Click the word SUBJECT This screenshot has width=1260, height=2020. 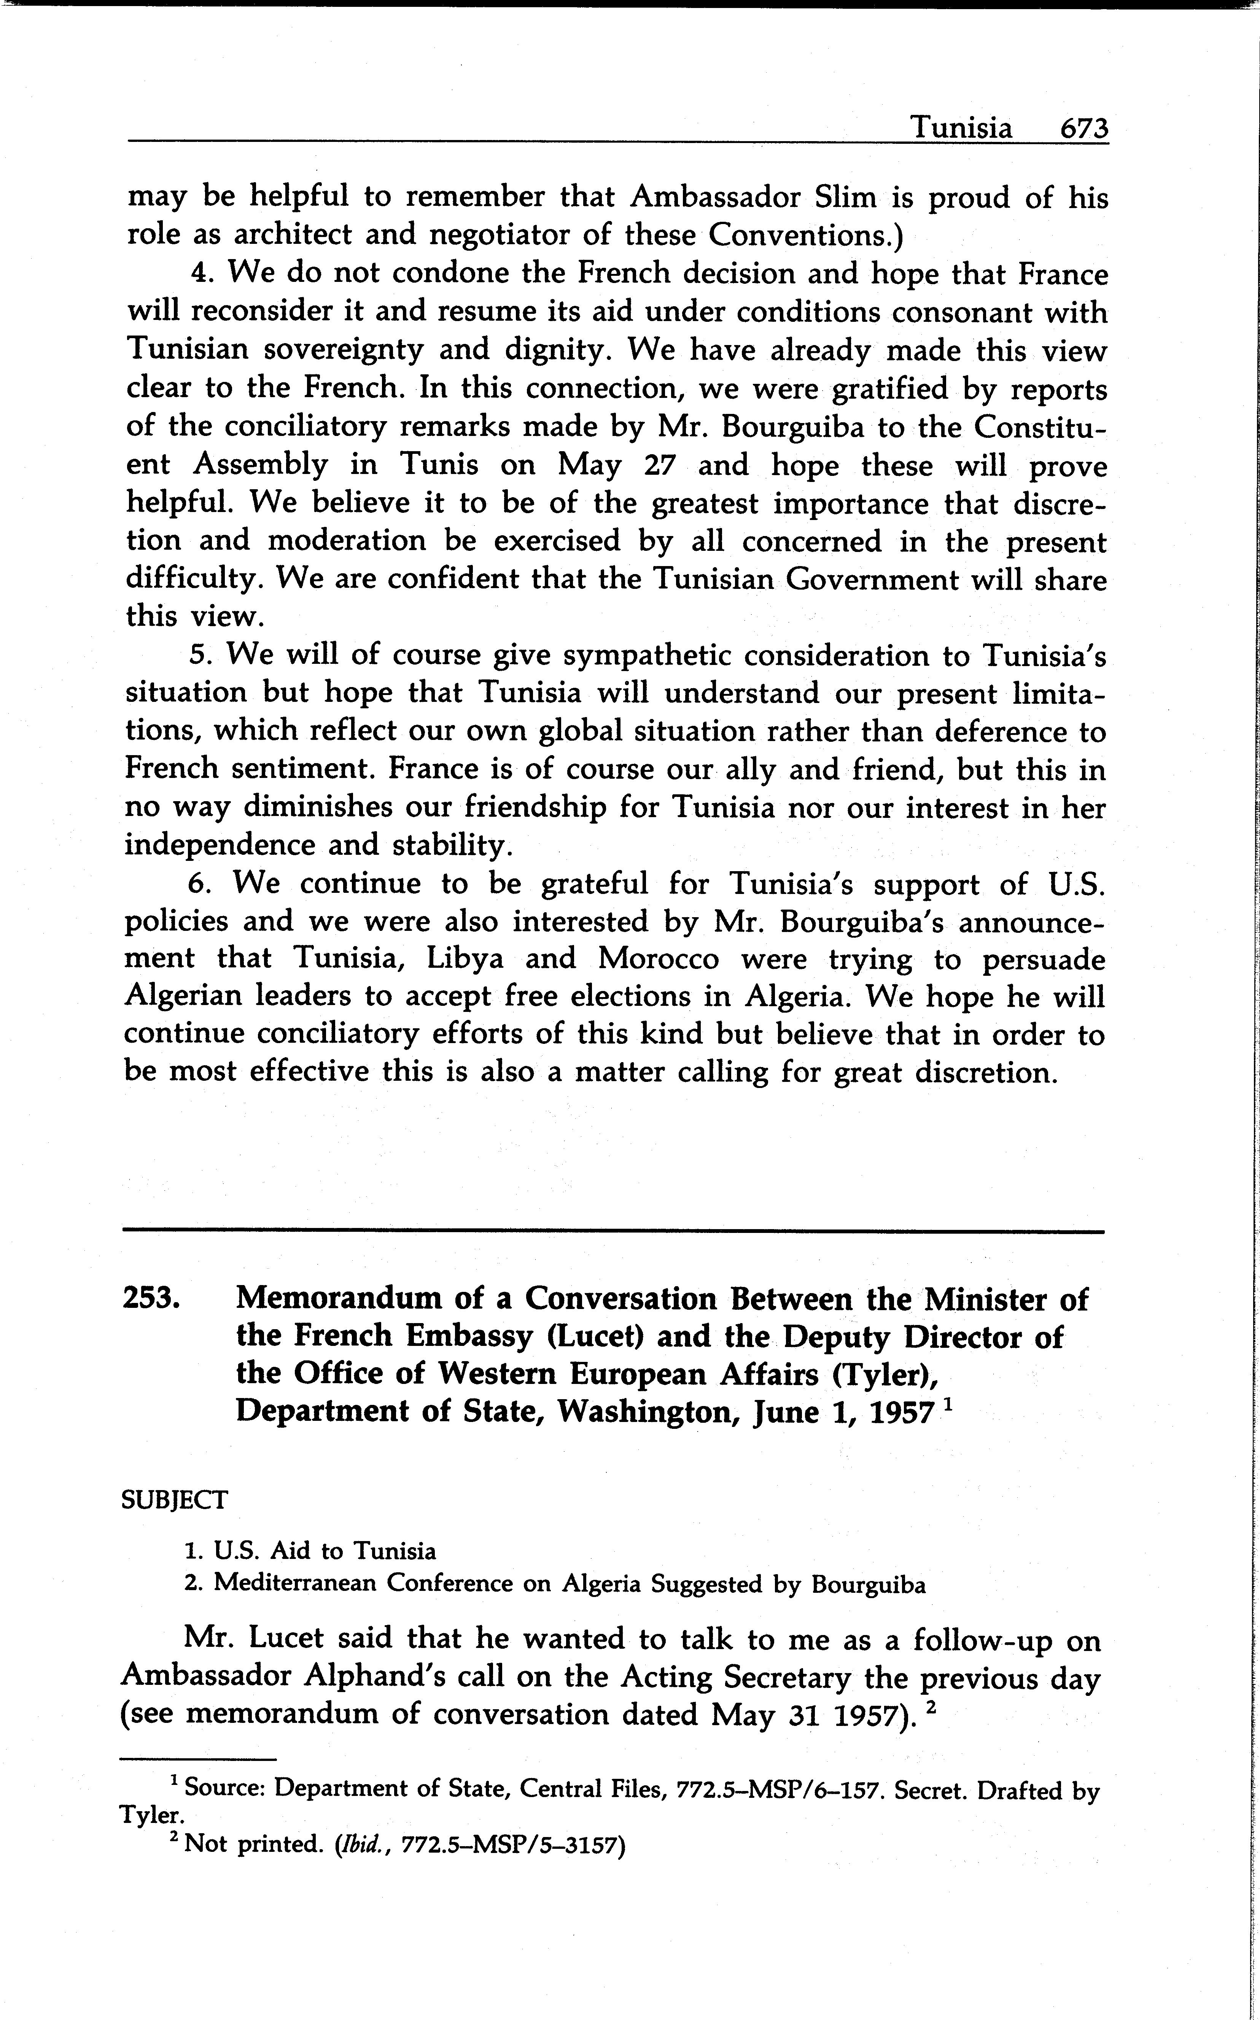(174, 1500)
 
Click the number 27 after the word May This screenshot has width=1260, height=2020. (660, 464)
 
